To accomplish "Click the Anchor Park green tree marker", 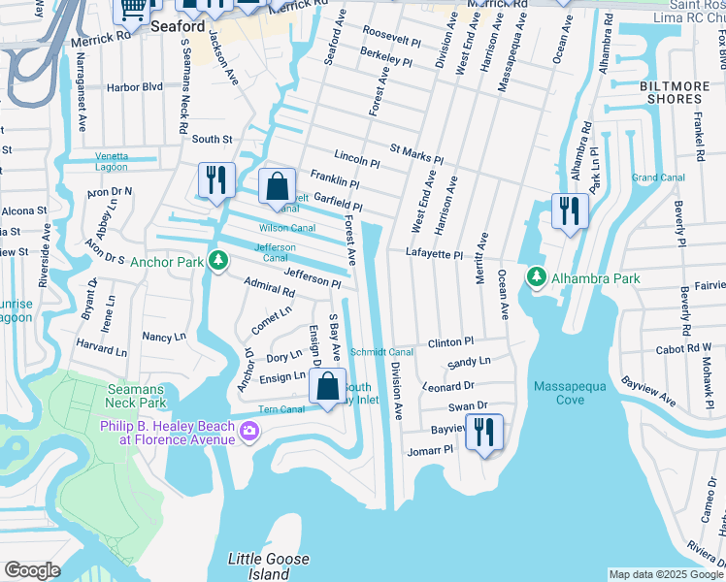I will (219, 261).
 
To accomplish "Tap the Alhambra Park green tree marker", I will (536, 278).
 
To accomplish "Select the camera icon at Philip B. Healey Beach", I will (249, 431).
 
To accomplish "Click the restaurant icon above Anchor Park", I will (214, 179).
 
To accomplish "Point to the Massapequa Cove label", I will (572, 394).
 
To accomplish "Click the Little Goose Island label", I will (269, 566).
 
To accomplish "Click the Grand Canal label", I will (658, 178).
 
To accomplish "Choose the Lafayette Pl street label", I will (434, 254).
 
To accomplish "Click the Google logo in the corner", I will (32, 570).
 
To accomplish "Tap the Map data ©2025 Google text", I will (666, 574).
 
